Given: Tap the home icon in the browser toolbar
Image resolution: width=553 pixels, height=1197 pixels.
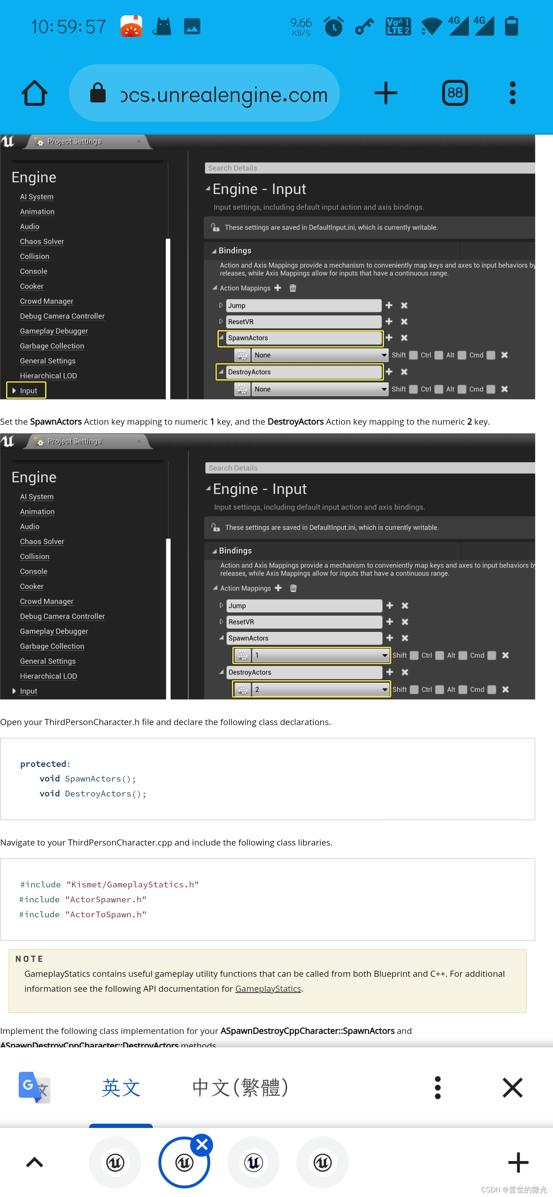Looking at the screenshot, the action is (35, 93).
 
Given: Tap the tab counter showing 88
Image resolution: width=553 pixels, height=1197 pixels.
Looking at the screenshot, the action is (454, 93).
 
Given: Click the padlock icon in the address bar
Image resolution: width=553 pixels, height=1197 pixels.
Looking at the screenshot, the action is (98, 92).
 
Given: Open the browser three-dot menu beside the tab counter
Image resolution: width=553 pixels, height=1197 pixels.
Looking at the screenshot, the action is (513, 93).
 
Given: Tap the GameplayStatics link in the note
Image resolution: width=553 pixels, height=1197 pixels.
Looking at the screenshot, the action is (268, 988).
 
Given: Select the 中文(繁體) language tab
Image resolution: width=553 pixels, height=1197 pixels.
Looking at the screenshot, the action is (240, 1087).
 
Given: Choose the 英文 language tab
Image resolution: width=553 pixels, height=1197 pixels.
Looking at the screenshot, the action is (121, 1087).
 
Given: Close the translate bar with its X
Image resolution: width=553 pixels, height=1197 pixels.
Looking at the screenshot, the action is (513, 1087).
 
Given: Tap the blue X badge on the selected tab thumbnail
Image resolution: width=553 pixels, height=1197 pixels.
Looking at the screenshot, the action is (202, 1144).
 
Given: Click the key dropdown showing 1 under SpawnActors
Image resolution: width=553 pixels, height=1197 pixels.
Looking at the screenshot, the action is (320, 655).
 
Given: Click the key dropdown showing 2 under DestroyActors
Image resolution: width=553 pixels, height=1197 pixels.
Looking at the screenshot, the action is (320, 689).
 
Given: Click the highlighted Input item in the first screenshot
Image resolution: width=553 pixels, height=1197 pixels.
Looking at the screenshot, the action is (26, 390).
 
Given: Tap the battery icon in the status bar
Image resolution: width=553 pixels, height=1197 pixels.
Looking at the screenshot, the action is (511, 26).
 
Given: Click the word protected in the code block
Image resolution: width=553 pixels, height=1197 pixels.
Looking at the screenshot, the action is (43, 763).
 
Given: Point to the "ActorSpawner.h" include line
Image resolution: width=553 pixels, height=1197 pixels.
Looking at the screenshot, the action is (83, 899).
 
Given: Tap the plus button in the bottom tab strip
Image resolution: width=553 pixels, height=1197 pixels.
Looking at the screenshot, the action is (518, 1162).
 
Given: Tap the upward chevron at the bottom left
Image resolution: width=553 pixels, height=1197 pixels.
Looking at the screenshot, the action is (35, 1162).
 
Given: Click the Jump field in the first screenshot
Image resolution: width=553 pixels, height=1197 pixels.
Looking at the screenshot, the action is (304, 305).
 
